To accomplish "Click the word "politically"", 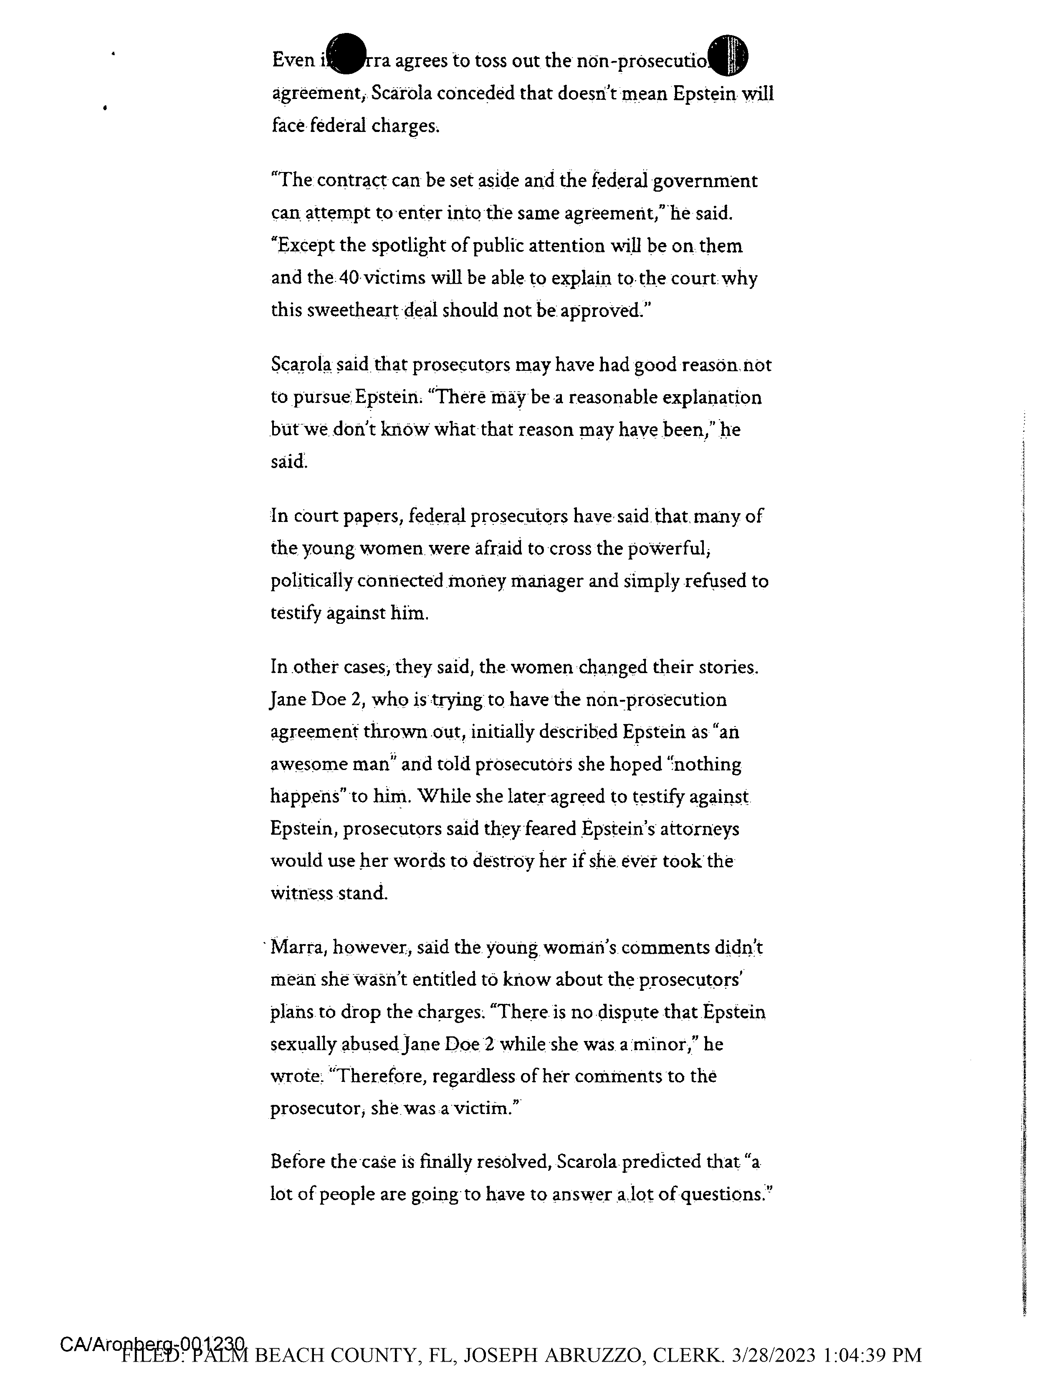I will pos(311,580).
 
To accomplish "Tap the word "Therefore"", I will pos(377,1076).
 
